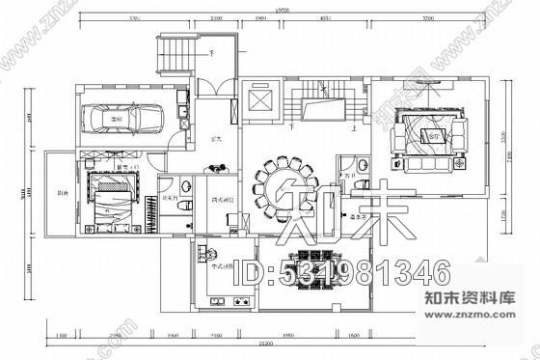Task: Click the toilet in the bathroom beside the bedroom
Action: (179, 185)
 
